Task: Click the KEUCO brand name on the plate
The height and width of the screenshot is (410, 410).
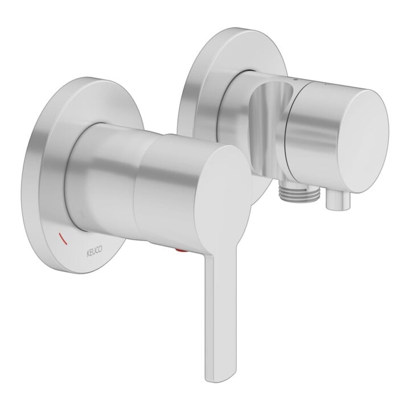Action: pos(94,252)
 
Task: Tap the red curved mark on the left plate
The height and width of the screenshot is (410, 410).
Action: pos(63,239)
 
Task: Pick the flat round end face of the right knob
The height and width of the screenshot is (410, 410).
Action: pos(363,141)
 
